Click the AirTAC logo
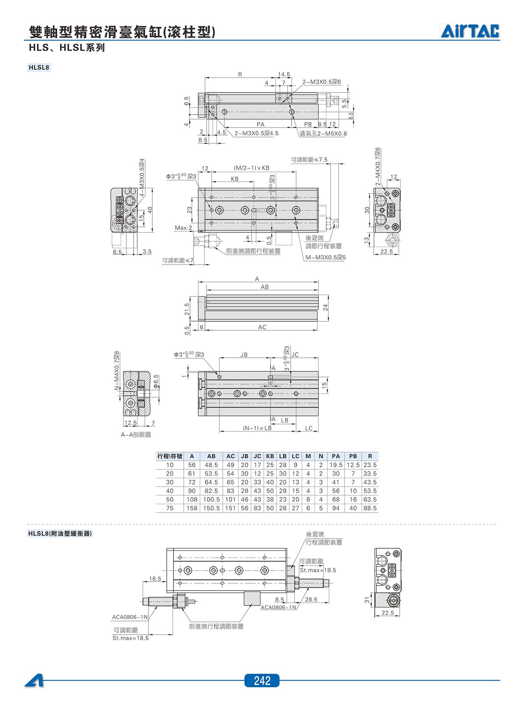[x=470, y=31]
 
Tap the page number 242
[x=262, y=681]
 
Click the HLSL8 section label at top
[x=39, y=67]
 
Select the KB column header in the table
[x=270, y=456]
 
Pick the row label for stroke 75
[x=170, y=508]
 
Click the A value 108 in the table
[x=192, y=499]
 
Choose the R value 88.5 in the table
[x=370, y=508]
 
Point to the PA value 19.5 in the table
[x=336, y=465]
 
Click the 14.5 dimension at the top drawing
[x=284, y=74]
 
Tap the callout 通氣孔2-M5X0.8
[x=323, y=134]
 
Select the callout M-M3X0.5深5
[x=325, y=257]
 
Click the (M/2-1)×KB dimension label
[x=252, y=168]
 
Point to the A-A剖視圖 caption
[x=136, y=435]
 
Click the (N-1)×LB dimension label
[x=258, y=428]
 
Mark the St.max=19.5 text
[x=318, y=570]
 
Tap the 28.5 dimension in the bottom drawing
[x=311, y=599]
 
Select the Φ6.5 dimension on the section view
[x=156, y=381]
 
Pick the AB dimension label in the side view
[x=264, y=287]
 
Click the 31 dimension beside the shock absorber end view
[x=367, y=600]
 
